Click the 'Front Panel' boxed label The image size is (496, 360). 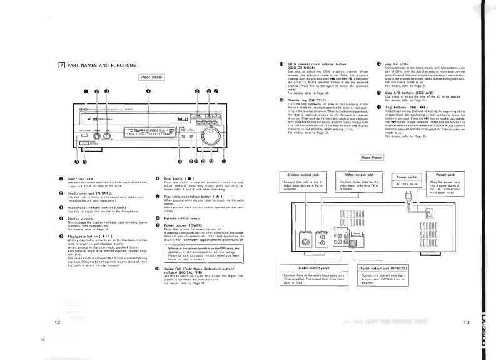(152, 76)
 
